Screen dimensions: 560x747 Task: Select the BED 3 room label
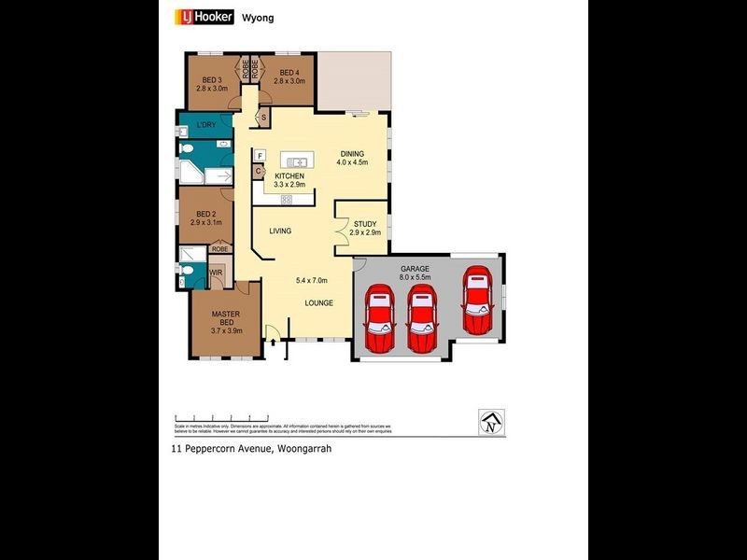tap(211, 80)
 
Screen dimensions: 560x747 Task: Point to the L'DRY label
tap(206, 125)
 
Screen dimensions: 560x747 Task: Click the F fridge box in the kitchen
tap(261, 155)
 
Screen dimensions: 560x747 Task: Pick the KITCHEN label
tap(290, 175)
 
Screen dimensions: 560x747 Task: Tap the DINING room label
tap(353, 154)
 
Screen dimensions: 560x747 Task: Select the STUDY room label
tap(365, 224)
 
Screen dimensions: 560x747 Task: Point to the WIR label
tap(216, 273)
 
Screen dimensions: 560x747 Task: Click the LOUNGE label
tap(318, 303)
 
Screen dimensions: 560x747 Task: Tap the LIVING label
tap(280, 231)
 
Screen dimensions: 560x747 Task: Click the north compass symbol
tap(490, 421)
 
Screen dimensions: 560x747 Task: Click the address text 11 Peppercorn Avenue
tap(221, 449)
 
